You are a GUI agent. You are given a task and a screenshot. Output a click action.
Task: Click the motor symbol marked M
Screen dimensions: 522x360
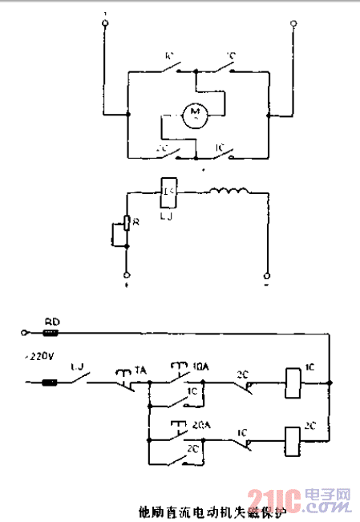pos(193,115)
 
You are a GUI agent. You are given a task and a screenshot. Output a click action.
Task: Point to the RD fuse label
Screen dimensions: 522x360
pos(51,322)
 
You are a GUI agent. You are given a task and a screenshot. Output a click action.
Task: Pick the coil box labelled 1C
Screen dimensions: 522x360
pos(293,382)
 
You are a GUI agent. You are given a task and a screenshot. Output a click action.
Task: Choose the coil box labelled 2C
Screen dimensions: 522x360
pos(293,439)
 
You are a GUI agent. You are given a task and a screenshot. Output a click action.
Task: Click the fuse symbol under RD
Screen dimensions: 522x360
pos(51,332)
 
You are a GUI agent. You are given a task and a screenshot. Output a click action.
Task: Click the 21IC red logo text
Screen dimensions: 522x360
pos(273,502)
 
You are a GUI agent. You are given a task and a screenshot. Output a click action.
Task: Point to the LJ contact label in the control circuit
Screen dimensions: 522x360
pos(78,368)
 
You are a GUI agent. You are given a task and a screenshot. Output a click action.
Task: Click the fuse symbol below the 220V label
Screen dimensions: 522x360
pos(50,382)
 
